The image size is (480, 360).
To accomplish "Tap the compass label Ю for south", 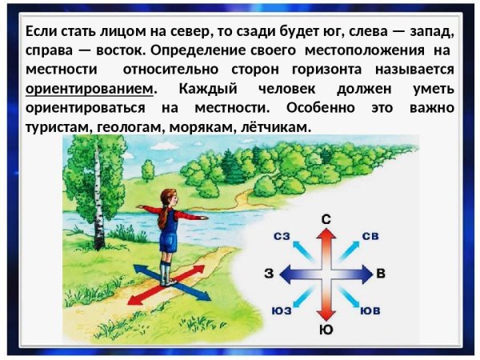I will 325,329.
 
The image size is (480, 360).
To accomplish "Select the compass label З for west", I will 269,274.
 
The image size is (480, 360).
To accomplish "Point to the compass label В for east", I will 381,274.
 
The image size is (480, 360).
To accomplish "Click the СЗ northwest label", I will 282,236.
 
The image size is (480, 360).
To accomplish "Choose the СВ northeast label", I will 370,236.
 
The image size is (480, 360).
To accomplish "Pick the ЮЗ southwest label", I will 281,310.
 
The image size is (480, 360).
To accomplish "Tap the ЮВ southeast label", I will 370,310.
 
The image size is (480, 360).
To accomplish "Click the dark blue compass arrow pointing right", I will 355,274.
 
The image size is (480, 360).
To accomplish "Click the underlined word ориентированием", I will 88,88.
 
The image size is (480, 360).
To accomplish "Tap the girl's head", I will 168,197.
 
